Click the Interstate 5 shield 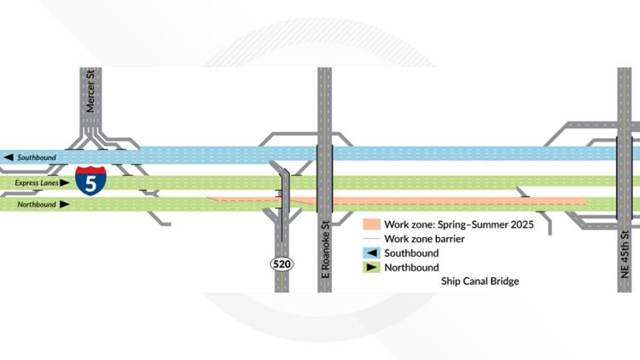(x=91, y=180)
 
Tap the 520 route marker (x=282, y=264)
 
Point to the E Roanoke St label (x=326, y=247)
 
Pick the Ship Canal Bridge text (x=480, y=281)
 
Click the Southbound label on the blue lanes (x=37, y=158)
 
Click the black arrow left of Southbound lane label (x=9, y=158)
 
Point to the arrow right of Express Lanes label (x=65, y=183)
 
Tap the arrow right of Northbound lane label (x=65, y=205)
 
